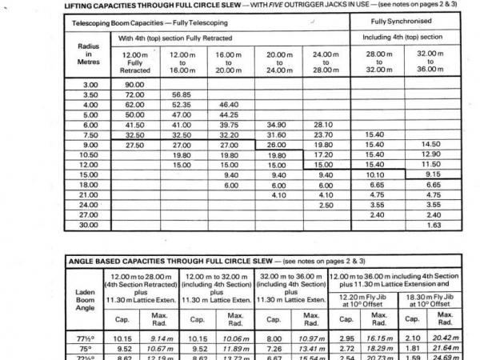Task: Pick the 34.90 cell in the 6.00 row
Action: tap(276, 125)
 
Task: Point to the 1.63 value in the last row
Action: tap(433, 225)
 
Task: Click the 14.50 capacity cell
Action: tap(433, 145)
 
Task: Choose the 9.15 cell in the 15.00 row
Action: tap(433, 174)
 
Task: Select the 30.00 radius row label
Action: tap(89, 225)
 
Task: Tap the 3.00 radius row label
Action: tap(89, 83)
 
